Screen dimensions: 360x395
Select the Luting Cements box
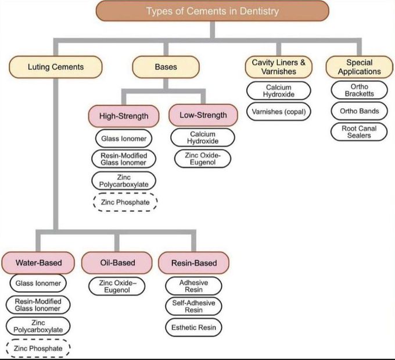(x=56, y=67)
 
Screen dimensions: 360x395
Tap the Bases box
(x=166, y=67)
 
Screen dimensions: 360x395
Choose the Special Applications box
(x=359, y=67)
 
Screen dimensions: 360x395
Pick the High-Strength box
(x=123, y=116)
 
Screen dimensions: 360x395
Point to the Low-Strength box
(x=203, y=115)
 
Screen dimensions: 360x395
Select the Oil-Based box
(x=117, y=263)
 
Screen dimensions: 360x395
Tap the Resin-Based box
(x=194, y=263)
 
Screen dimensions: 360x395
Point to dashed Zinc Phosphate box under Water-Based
(x=39, y=348)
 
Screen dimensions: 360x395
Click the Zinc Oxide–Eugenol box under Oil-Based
(x=117, y=286)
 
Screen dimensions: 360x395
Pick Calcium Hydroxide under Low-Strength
(x=203, y=138)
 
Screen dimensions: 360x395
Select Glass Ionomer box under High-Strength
(x=123, y=138)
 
